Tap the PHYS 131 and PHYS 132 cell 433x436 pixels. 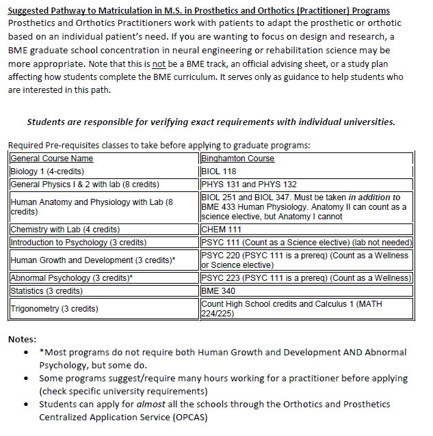pos(249,185)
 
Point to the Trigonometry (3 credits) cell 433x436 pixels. pos(55,308)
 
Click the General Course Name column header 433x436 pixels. pos(52,159)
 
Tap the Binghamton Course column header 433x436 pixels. pos(237,159)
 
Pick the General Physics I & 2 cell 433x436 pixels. pos(85,185)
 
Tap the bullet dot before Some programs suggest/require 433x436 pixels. pos(26,378)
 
